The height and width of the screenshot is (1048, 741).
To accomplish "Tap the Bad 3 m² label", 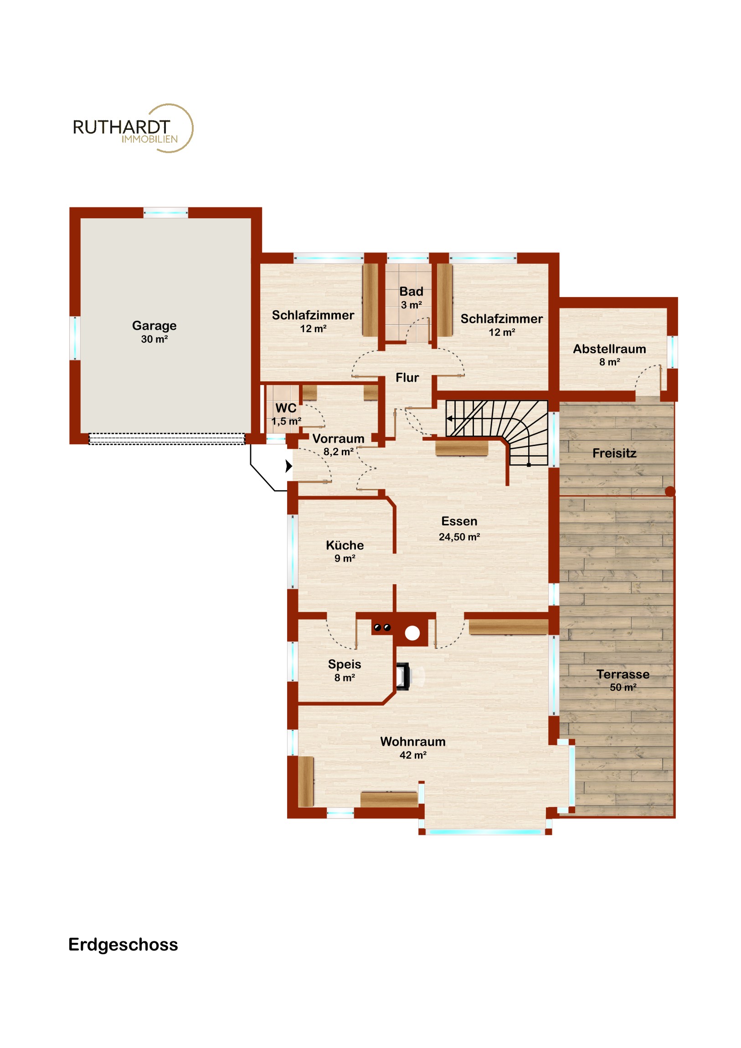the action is (412, 298).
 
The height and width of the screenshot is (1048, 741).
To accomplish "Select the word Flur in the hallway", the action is (407, 377).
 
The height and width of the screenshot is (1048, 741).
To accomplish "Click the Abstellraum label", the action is (609, 355).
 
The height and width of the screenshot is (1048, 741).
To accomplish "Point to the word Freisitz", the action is (614, 453).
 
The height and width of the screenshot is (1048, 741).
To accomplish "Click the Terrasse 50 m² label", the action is (623, 681).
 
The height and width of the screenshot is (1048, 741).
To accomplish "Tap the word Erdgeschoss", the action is (123, 945).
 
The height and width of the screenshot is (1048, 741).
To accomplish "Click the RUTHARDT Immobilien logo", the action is (133, 128).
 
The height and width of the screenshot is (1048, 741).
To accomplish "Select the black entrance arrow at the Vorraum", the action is (288, 466).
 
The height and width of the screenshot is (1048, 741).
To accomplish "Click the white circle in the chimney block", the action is (412, 633).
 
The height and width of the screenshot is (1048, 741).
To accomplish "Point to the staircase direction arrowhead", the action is (450, 419).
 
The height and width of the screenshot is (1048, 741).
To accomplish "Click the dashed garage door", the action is (167, 439).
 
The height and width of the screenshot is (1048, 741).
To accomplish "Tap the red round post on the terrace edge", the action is (670, 492).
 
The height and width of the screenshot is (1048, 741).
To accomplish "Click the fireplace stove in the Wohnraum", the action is (403, 677).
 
